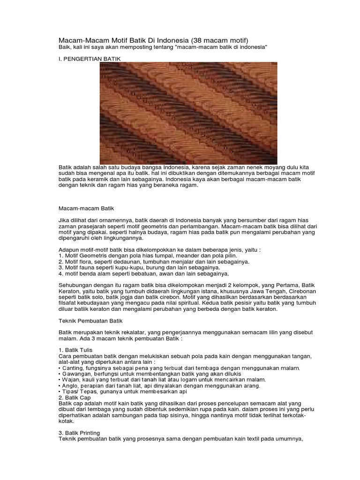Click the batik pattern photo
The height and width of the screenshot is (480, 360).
188,113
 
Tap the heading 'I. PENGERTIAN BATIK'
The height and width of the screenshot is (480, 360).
90,59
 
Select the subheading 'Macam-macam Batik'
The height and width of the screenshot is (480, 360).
86,207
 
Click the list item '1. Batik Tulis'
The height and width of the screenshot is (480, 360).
75,350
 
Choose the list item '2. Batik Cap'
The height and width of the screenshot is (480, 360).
75,397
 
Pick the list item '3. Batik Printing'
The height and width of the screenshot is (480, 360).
79,432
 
